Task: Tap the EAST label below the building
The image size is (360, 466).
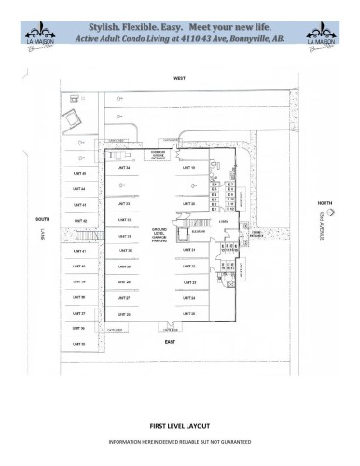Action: point(171,342)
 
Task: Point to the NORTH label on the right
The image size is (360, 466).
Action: point(324,202)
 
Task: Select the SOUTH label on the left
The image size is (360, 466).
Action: point(41,219)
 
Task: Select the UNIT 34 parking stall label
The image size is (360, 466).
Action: point(123,169)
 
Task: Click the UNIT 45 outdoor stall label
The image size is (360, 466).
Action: point(79,173)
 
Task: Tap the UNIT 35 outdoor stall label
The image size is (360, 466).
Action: point(79,344)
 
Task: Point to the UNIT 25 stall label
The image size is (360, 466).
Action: point(189,314)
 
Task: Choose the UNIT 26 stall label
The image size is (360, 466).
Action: point(123,314)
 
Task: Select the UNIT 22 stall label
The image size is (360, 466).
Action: point(189,266)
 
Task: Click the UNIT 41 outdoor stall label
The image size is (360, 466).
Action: point(79,251)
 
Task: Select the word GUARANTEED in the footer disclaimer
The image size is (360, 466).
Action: point(236,440)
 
